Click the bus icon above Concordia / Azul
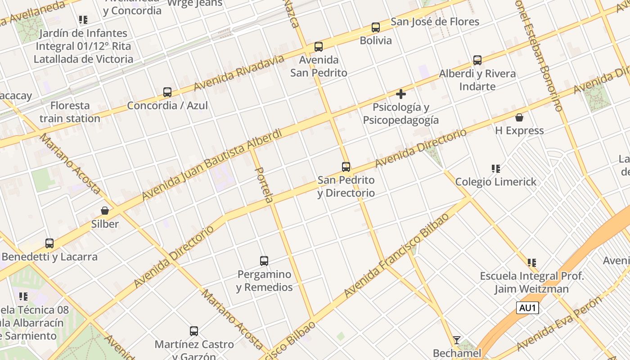(x=167, y=92)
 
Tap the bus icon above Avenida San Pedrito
(x=319, y=46)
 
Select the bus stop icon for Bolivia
(x=376, y=27)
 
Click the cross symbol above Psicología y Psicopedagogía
(x=401, y=94)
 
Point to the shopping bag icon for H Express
(x=519, y=117)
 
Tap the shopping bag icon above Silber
(x=105, y=211)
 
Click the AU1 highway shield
(x=527, y=308)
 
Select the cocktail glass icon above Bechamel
(x=457, y=340)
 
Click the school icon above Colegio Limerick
(x=496, y=169)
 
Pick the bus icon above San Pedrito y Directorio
(x=346, y=167)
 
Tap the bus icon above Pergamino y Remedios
(x=264, y=261)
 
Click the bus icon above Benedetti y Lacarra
(x=49, y=243)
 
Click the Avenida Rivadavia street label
(x=239, y=73)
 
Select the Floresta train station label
(x=70, y=112)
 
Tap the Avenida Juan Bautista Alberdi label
(x=211, y=165)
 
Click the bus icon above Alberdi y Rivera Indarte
(x=477, y=60)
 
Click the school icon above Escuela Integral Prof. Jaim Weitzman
(x=532, y=262)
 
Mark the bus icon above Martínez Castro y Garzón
(x=194, y=331)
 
